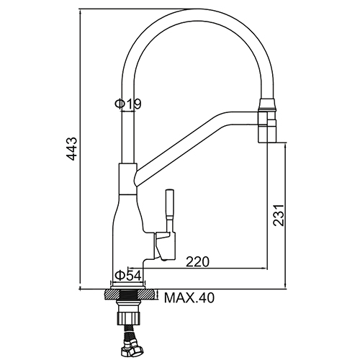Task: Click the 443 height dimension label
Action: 71,148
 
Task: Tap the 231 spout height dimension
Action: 279,215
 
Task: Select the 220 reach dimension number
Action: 198,261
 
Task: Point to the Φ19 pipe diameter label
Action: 128,104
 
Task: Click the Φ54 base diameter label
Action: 128,276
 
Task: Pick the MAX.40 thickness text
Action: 189,298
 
